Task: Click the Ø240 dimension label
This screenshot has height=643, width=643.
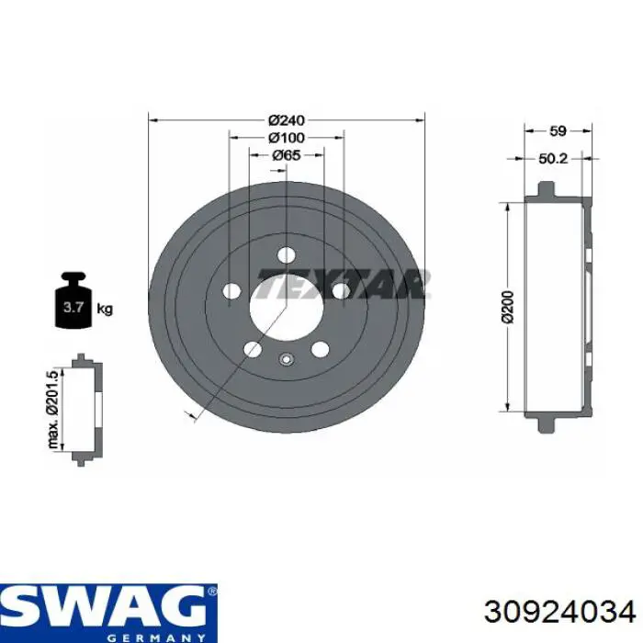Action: (x=287, y=120)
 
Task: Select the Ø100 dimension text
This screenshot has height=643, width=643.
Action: (x=287, y=138)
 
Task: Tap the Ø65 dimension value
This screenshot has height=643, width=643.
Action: (x=287, y=155)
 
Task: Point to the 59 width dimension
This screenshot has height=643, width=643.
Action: (x=558, y=130)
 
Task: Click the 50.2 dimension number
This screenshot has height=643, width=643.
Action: (x=553, y=158)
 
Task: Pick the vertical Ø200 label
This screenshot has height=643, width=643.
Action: (x=508, y=307)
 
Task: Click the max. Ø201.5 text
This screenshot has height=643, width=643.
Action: (x=53, y=410)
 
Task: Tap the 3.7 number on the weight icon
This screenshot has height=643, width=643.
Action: (x=73, y=307)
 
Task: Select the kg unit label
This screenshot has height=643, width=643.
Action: (x=105, y=308)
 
